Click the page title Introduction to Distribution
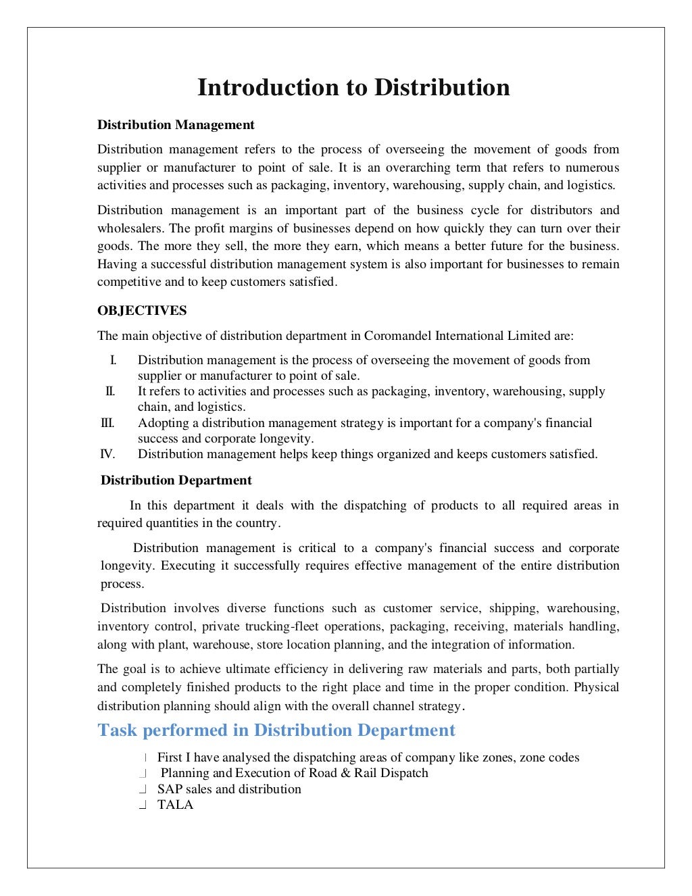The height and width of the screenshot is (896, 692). click(x=353, y=88)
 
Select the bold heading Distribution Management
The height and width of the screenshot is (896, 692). click(x=176, y=125)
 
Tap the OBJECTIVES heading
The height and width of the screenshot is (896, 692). click(x=142, y=311)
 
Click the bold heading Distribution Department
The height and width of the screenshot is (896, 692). click(x=176, y=480)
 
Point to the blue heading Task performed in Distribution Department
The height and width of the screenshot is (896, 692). click(x=276, y=730)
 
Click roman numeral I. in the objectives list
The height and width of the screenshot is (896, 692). click(x=113, y=360)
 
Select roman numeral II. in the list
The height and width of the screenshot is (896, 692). click(x=110, y=391)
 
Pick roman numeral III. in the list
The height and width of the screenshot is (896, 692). click(x=107, y=423)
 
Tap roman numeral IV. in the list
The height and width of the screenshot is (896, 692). click(x=107, y=454)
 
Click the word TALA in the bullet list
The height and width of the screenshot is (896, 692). click(x=175, y=805)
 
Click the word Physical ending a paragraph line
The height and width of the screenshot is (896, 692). click(x=596, y=687)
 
